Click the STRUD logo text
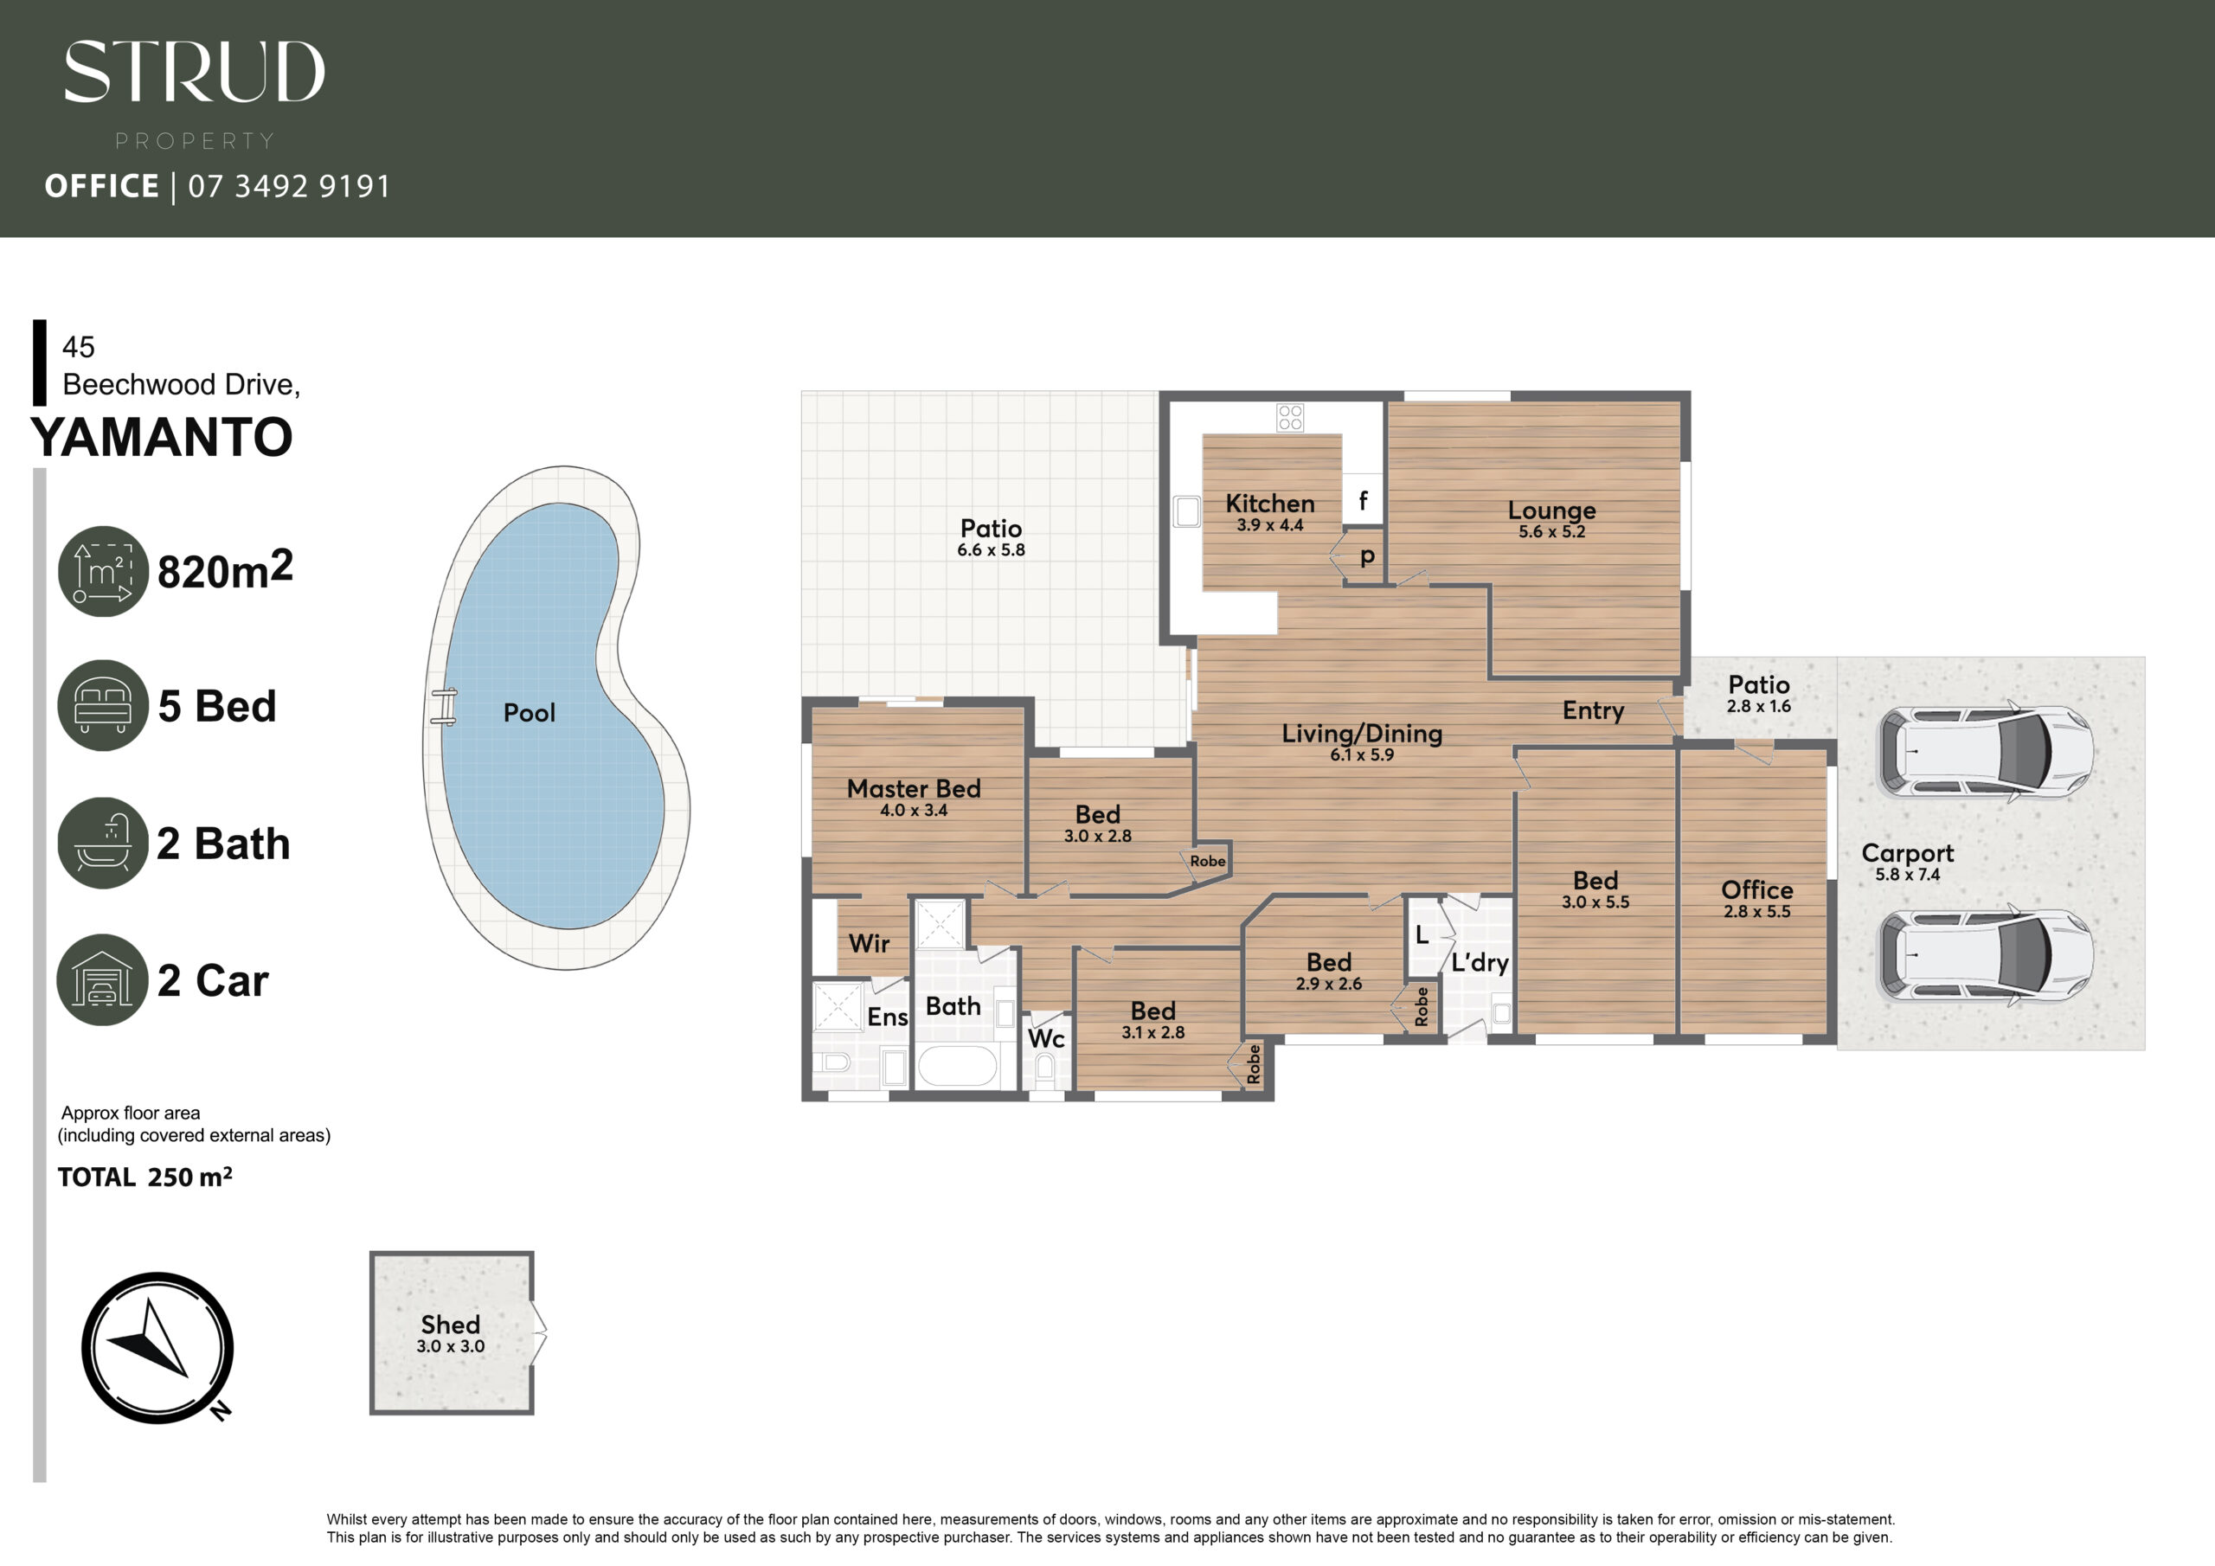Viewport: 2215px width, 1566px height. click(x=194, y=72)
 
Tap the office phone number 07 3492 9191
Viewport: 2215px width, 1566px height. click(x=289, y=186)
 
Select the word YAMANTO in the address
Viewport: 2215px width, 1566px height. click(x=162, y=437)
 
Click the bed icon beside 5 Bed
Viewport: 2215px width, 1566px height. click(x=103, y=705)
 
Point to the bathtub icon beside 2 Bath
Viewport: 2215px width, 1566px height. click(x=103, y=843)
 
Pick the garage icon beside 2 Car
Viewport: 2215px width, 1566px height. click(x=103, y=979)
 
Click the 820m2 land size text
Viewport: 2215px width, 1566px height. click(x=225, y=570)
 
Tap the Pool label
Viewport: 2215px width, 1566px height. click(x=529, y=713)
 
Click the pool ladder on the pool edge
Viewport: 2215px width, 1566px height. click(x=444, y=706)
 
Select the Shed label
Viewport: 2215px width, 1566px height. click(x=451, y=1324)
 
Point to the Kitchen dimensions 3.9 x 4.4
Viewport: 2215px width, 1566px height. click(x=1269, y=526)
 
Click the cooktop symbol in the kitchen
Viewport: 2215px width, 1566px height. click(x=1290, y=417)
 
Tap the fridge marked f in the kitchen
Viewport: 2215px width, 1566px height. click(x=1363, y=500)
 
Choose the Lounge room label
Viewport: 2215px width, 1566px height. click(x=1551, y=510)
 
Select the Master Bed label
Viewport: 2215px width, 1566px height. click(x=914, y=788)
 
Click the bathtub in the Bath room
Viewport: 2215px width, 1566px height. click(x=956, y=1067)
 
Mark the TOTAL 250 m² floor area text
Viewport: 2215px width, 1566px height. click(x=144, y=1176)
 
